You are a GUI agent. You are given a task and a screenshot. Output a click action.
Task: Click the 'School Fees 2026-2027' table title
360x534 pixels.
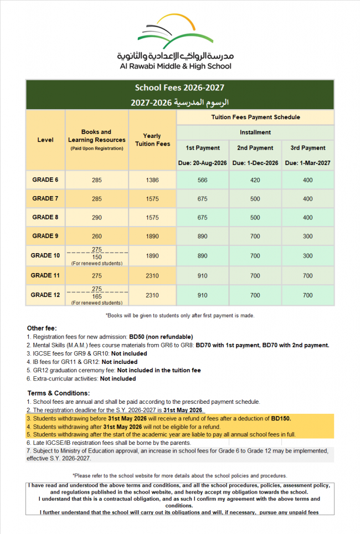pos(179,88)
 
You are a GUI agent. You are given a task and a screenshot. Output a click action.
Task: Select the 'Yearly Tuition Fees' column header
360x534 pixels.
pos(152,140)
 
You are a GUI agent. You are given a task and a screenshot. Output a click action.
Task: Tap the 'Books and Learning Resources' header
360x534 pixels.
pos(96,136)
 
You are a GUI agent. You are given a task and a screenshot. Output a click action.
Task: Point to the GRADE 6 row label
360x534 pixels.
pos(45,180)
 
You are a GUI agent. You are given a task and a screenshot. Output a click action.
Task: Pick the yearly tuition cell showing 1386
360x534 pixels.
pos(152,180)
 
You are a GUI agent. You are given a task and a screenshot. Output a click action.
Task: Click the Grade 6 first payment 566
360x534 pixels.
pos(203,180)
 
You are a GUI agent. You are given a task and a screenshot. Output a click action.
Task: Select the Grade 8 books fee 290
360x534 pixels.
pos(96,218)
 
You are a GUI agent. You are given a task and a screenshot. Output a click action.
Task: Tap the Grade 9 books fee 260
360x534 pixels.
pos(96,237)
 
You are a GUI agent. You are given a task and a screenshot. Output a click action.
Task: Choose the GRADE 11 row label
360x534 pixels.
pos(45,275)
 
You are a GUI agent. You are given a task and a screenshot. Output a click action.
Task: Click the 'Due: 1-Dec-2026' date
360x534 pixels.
pos(255,163)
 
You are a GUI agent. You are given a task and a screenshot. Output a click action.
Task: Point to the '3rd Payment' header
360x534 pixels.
pos(308,148)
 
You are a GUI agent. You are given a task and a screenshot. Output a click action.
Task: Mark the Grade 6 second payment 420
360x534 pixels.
pos(255,180)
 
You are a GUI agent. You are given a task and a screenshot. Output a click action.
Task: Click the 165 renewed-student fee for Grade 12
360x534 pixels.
pos(96,297)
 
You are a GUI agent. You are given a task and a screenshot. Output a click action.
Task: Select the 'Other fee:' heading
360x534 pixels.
pos(42,328)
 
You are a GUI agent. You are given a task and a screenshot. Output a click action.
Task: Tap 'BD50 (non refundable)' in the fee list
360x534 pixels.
pos(161,337)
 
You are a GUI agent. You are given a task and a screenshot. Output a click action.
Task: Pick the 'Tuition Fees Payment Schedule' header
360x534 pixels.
pos(255,117)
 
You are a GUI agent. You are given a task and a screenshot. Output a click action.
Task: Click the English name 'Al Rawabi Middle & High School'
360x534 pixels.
pos(175,66)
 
